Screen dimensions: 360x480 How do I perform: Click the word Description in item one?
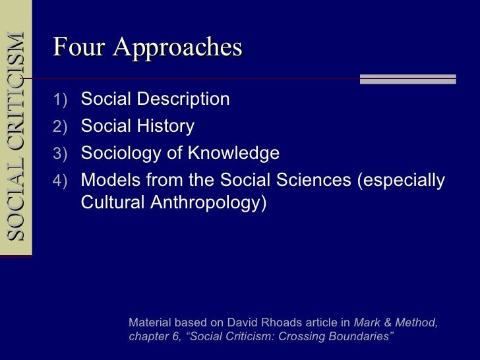pos(181,100)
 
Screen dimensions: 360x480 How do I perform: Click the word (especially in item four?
pos(401,181)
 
